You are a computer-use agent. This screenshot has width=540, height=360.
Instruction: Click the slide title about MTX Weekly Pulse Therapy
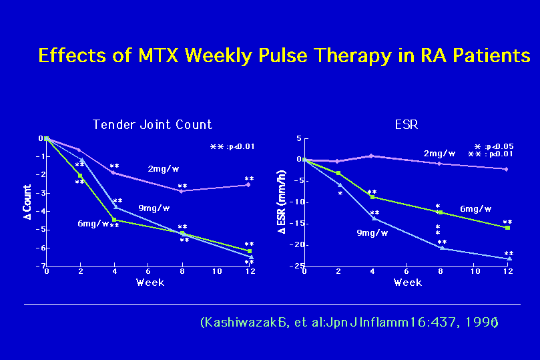pos(284,55)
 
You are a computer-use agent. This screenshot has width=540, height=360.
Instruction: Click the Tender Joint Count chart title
pos(152,124)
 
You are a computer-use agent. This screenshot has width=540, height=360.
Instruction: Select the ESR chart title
pos(407,124)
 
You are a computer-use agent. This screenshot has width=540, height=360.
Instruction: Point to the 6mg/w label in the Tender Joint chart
pos(93,223)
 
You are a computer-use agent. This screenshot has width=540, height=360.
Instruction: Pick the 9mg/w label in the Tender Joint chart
pos(154,208)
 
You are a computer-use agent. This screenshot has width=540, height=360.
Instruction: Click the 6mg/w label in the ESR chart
pos(475,209)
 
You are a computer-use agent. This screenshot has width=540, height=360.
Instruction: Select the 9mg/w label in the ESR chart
pos(371,232)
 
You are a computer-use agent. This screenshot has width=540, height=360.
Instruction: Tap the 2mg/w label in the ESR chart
pos(439,153)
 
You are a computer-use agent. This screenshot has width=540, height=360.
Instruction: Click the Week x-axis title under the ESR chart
pos(407,283)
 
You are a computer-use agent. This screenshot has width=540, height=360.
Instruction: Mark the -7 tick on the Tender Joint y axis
pos(40,266)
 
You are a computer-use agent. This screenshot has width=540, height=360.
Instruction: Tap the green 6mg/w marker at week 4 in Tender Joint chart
pos(114,219)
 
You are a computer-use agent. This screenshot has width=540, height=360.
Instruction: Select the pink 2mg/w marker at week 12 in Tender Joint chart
pos(249,184)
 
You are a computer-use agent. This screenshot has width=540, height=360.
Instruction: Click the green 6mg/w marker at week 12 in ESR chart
pos(507,228)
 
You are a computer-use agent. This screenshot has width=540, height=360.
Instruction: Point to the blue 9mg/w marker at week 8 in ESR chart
pos(442,248)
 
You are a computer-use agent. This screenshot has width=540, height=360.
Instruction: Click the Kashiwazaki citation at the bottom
pos(348,322)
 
